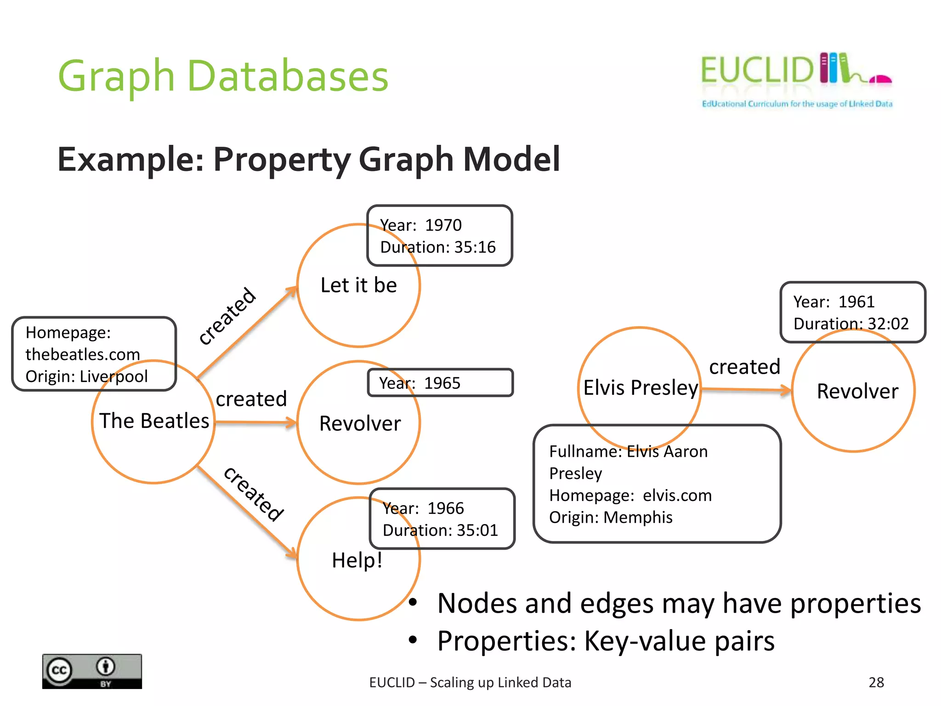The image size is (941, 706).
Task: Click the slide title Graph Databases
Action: pos(223,76)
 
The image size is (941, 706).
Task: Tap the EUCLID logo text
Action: pos(757,70)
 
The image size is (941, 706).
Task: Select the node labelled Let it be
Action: pos(358,285)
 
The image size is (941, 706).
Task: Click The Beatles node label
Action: pos(154,421)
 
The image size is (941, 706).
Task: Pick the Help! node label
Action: pos(357,560)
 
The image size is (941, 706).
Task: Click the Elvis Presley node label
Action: pos(641,388)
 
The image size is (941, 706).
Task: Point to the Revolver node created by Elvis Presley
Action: pos(857,392)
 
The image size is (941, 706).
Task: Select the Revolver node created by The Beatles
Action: pos(360,423)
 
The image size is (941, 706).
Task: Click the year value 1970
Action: pos(443,225)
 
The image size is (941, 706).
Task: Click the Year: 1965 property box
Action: pos(440,383)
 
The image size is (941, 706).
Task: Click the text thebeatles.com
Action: pos(83,354)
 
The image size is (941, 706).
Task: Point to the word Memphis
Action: pos(638,518)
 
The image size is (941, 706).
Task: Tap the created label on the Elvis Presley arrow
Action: pos(744,367)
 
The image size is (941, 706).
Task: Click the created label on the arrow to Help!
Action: pos(254,494)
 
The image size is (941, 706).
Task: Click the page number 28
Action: pos(876,682)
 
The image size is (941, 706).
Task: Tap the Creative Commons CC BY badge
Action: pos(92,671)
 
